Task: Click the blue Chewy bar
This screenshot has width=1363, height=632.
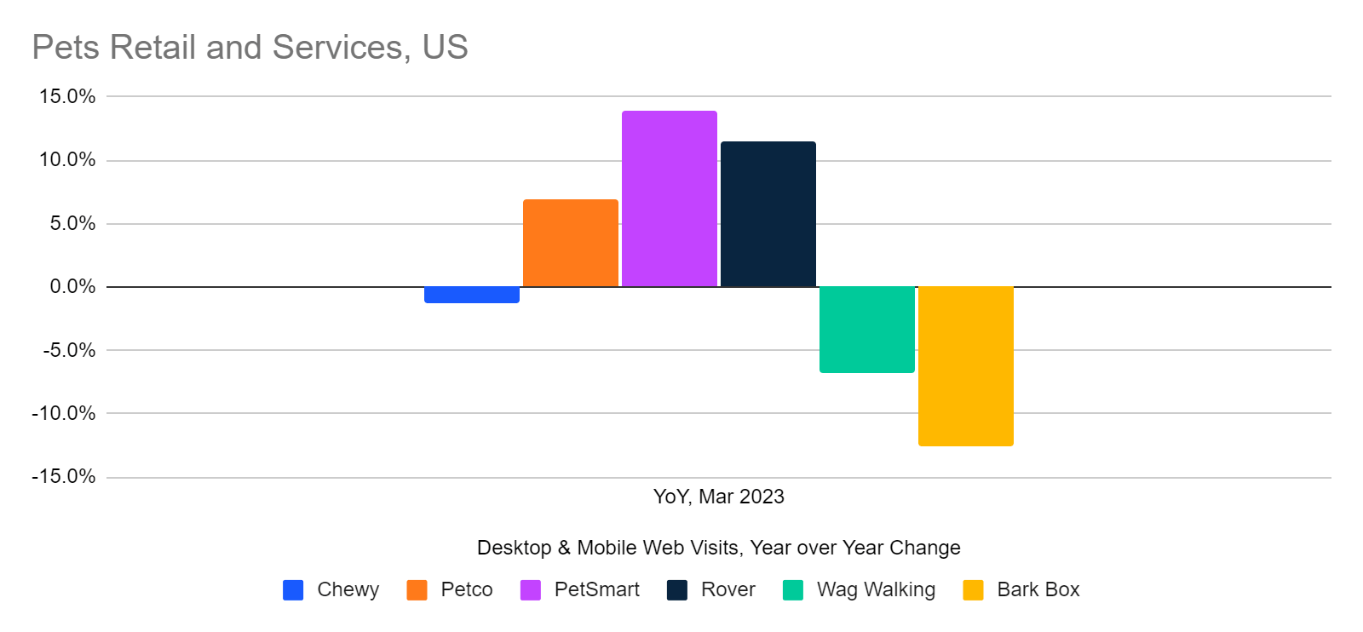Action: pyautogui.click(x=471, y=295)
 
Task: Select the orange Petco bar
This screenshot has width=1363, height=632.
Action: pyautogui.click(x=570, y=243)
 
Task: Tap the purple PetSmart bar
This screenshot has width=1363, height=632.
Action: pyautogui.click(x=669, y=198)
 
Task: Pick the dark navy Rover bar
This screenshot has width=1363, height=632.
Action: pyautogui.click(x=768, y=214)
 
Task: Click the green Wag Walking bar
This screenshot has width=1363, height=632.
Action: pyautogui.click(x=866, y=330)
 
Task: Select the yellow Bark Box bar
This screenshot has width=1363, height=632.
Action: pyautogui.click(x=965, y=366)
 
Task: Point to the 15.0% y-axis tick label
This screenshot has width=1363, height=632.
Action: pyautogui.click(x=67, y=96)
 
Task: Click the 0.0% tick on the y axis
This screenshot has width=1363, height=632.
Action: pyautogui.click(x=72, y=286)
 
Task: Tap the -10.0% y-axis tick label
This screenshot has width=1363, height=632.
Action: pyautogui.click(x=64, y=413)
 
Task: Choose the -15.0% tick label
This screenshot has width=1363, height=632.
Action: pyautogui.click(x=64, y=476)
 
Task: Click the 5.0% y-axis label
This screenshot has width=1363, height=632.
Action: pyautogui.click(x=72, y=223)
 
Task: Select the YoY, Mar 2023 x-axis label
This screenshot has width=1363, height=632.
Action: pyautogui.click(x=718, y=497)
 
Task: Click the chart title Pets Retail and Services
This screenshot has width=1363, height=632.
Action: pyautogui.click(x=250, y=47)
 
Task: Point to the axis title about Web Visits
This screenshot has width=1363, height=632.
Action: pyautogui.click(x=718, y=548)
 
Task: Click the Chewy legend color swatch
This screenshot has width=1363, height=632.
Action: pyautogui.click(x=293, y=589)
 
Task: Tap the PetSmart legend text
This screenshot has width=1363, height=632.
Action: pyautogui.click(x=596, y=589)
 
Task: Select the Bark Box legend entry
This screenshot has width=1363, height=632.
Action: pyautogui.click(x=1038, y=589)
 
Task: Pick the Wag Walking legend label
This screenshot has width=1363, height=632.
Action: pyautogui.click(x=876, y=589)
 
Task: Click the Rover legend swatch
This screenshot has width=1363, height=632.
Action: pyautogui.click(x=677, y=589)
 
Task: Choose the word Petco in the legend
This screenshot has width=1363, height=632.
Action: pyautogui.click(x=467, y=589)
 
